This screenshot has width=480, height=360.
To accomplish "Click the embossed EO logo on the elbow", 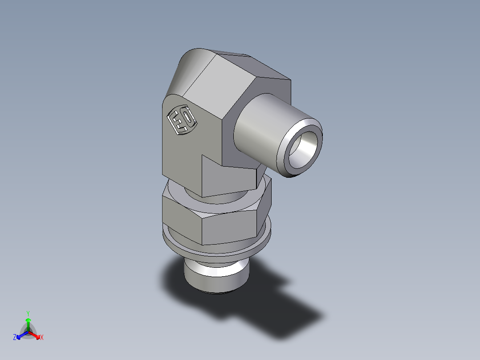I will tap(181, 120).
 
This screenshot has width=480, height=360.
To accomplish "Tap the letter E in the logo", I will tap(176, 121).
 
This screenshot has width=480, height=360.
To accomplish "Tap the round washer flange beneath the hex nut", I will tap(218, 250).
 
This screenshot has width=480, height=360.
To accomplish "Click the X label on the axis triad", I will tap(42, 338).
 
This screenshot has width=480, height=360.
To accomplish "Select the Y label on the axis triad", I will tap(28, 313).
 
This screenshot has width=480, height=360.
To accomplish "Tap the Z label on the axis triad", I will tap(15, 338).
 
